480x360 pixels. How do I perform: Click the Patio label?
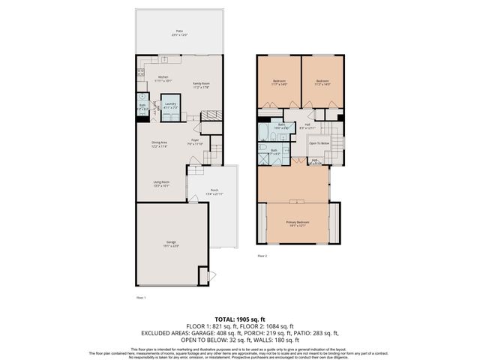pyautogui.click(x=180, y=32)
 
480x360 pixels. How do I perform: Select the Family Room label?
pyautogui.click(x=200, y=85)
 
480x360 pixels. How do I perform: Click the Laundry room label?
pyautogui.click(x=170, y=104)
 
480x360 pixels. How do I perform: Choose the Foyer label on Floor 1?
pyautogui.click(x=193, y=142)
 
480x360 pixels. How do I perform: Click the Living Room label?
pyautogui.click(x=161, y=183)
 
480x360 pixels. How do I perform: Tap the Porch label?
pyautogui.click(x=214, y=191)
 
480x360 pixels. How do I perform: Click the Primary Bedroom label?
pyautogui.click(x=297, y=223)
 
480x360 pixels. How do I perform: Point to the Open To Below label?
pyautogui.click(x=319, y=142)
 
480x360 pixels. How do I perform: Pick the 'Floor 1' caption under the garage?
pyautogui.click(x=140, y=298)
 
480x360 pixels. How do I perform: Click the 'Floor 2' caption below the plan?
pyautogui.click(x=262, y=256)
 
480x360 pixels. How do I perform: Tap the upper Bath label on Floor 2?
pyautogui.click(x=281, y=126)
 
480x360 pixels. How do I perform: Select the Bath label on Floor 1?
pyautogui.click(x=142, y=107)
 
